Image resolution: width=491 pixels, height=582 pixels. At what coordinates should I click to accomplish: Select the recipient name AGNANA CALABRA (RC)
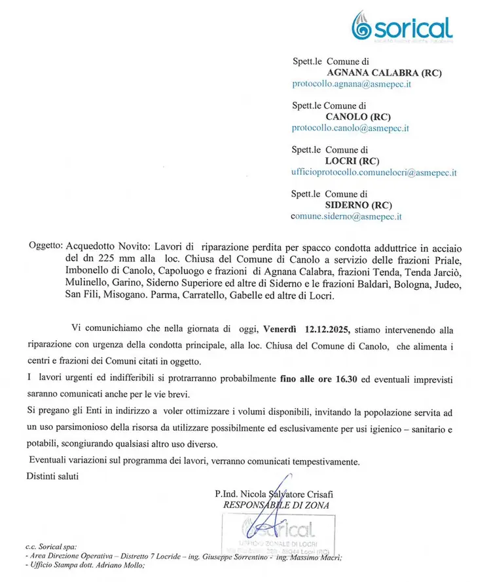pyautogui.click(x=384, y=73)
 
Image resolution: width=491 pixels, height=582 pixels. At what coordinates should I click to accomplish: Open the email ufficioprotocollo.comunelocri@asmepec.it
pyautogui.click(x=374, y=173)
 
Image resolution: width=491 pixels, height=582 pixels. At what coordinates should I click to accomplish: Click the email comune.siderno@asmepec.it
pyautogui.click(x=346, y=216)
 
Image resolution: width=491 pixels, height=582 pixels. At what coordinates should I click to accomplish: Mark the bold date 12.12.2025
pyautogui.click(x=323, y=330)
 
